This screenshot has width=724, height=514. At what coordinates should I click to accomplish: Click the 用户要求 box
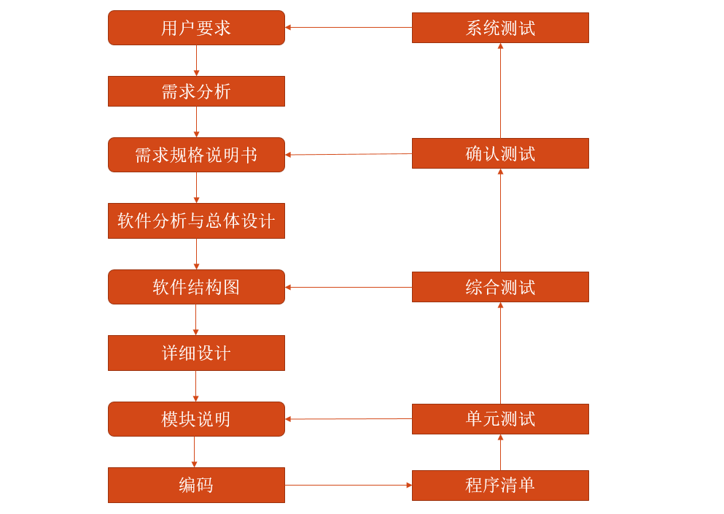(x=196, y=28)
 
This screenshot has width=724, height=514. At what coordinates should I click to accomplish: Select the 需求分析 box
(x=196, y=91)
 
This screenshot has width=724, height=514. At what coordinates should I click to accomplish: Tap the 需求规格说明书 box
(x=196, y=155)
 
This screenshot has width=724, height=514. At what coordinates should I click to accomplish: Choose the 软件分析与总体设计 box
(x=196, y=220)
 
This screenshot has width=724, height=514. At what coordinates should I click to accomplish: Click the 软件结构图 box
(x=196, y=287)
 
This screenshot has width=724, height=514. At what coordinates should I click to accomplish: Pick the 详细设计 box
(x=196, y=353)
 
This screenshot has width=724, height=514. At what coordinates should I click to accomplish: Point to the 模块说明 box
(x=196, y=419)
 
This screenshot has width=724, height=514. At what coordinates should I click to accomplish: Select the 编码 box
(x=196, y=485)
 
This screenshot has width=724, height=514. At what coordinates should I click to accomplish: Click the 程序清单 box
(x=500, y=486)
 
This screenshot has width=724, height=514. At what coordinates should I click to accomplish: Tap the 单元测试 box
(x=500, y=419)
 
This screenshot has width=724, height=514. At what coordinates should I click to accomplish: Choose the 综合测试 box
(x=500, y=287)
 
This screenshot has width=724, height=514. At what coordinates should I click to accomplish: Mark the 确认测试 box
(x=500, y=153)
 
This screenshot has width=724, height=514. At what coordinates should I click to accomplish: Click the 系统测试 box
(x=500, y=28)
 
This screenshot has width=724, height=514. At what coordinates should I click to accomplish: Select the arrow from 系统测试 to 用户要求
(x=349, y=28)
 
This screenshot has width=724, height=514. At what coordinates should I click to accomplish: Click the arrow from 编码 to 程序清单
(x=349, y=485)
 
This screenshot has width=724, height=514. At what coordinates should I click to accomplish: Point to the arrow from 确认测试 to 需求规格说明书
(x=349, y=154)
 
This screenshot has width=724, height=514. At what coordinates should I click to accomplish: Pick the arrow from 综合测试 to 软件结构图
(x=349, y=287)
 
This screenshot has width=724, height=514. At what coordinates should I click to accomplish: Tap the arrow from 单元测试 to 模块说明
(x=349, y=419)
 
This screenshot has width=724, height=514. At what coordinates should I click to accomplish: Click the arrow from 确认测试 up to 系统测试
(x=500, y=91)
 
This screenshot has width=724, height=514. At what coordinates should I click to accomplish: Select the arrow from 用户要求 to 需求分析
(x=196, y=61)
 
